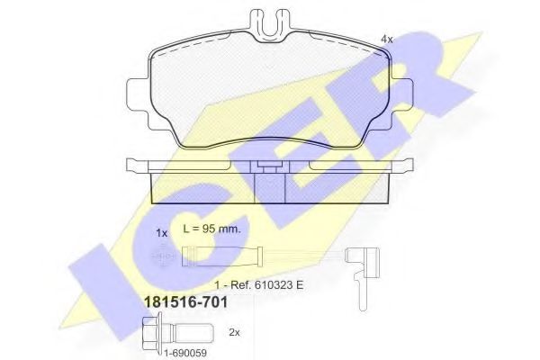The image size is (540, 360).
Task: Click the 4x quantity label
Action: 388,39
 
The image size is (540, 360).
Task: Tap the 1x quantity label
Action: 162,232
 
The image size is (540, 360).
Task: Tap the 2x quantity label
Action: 235,332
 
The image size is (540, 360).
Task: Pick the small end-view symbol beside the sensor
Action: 162,257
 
